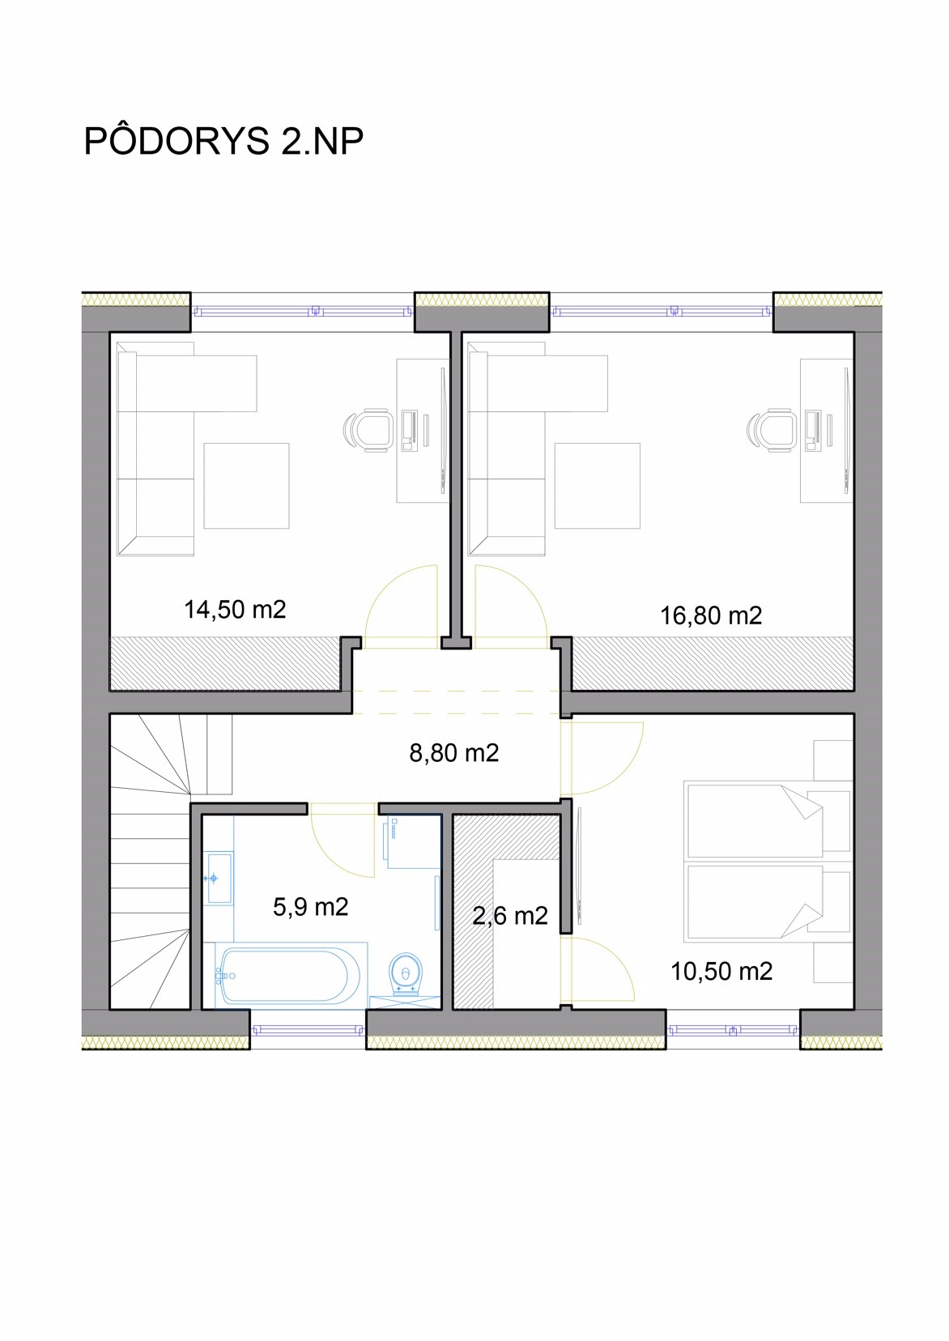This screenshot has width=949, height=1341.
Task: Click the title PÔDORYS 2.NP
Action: coord(223,140)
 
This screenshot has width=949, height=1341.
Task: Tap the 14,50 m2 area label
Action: coord(235,610)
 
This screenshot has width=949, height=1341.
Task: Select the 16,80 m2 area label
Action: coord(711,615)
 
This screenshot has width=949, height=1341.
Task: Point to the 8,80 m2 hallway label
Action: coord(453,752)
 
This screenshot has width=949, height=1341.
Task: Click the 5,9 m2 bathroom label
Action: coord(310,907)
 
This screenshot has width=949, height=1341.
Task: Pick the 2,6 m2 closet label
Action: coord(510,915)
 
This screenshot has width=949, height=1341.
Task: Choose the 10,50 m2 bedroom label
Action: coord(721,971)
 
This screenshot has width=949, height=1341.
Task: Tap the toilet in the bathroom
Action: coord(406,973)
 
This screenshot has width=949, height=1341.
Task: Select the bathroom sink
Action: coord(219,879)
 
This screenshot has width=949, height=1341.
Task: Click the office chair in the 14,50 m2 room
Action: coord(368,429)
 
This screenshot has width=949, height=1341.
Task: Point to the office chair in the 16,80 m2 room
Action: coord(772,429)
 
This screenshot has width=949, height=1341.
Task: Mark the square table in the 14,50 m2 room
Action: coord(247,486)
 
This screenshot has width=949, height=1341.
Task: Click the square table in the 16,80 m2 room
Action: coord(598,486)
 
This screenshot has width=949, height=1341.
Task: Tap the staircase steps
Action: coord(150,862)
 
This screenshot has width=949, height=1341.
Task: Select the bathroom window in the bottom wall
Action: coord(308,1030)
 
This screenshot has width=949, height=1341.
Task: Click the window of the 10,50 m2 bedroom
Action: coord(733,1030)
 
